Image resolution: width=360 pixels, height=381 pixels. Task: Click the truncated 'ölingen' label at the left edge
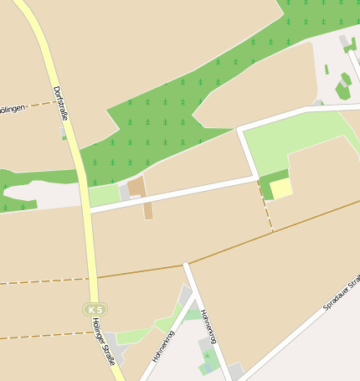pos(15,108)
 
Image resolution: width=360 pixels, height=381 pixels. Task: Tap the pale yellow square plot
pos(281,188)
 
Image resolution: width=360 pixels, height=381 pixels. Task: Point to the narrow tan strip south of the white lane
pos(148,210)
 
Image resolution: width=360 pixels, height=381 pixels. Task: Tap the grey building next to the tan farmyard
pos(124,192)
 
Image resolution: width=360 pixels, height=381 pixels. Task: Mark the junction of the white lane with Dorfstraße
pos(87,209)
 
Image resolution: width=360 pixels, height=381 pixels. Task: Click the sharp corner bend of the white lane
pos(241,131)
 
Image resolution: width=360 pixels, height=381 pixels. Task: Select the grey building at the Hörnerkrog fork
pos(185,295)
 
